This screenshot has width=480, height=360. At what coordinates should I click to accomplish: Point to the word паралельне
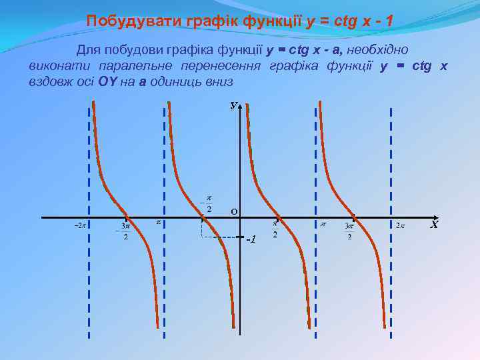tap(135, 65)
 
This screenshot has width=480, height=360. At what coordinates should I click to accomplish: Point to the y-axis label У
tap(233, 105)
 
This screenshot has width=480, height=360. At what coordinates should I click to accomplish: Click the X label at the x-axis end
tap(434, 225)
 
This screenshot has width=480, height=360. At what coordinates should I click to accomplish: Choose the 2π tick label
tap(400, 225)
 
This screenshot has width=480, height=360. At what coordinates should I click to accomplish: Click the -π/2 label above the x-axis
tap(207, 203)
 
